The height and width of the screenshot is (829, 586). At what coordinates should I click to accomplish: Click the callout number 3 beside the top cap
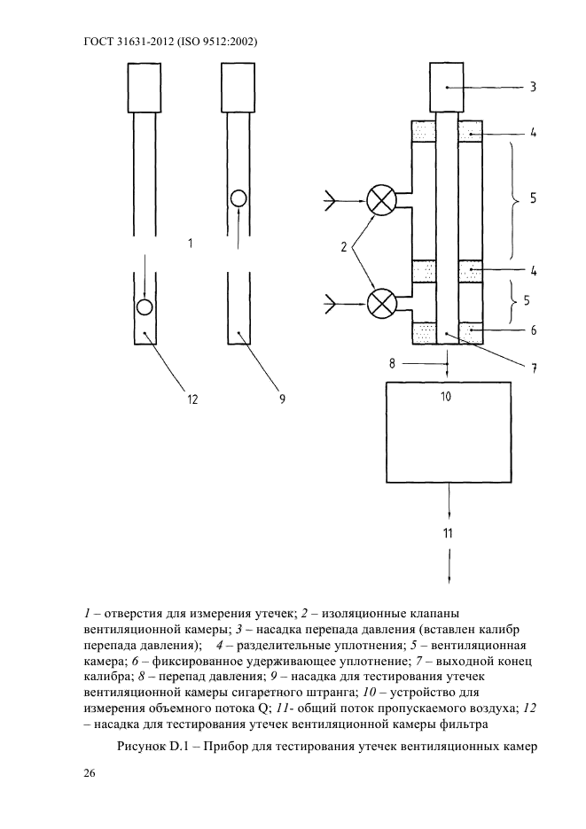[533, 87]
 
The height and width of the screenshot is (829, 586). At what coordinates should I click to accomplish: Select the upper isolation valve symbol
[382, 201]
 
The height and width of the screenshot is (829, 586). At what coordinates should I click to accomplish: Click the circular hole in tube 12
[145, 307]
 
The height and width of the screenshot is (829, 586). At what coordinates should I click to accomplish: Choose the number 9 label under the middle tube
[282, 399]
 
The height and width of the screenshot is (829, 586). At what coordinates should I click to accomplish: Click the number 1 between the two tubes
[191, 243]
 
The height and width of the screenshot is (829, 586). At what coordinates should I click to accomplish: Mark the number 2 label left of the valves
[344, 249]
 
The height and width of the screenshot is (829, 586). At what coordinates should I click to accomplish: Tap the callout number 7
[534, 368]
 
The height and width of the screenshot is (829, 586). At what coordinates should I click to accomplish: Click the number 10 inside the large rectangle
[447, 396]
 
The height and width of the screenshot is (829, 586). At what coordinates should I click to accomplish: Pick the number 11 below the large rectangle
[448, 532]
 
